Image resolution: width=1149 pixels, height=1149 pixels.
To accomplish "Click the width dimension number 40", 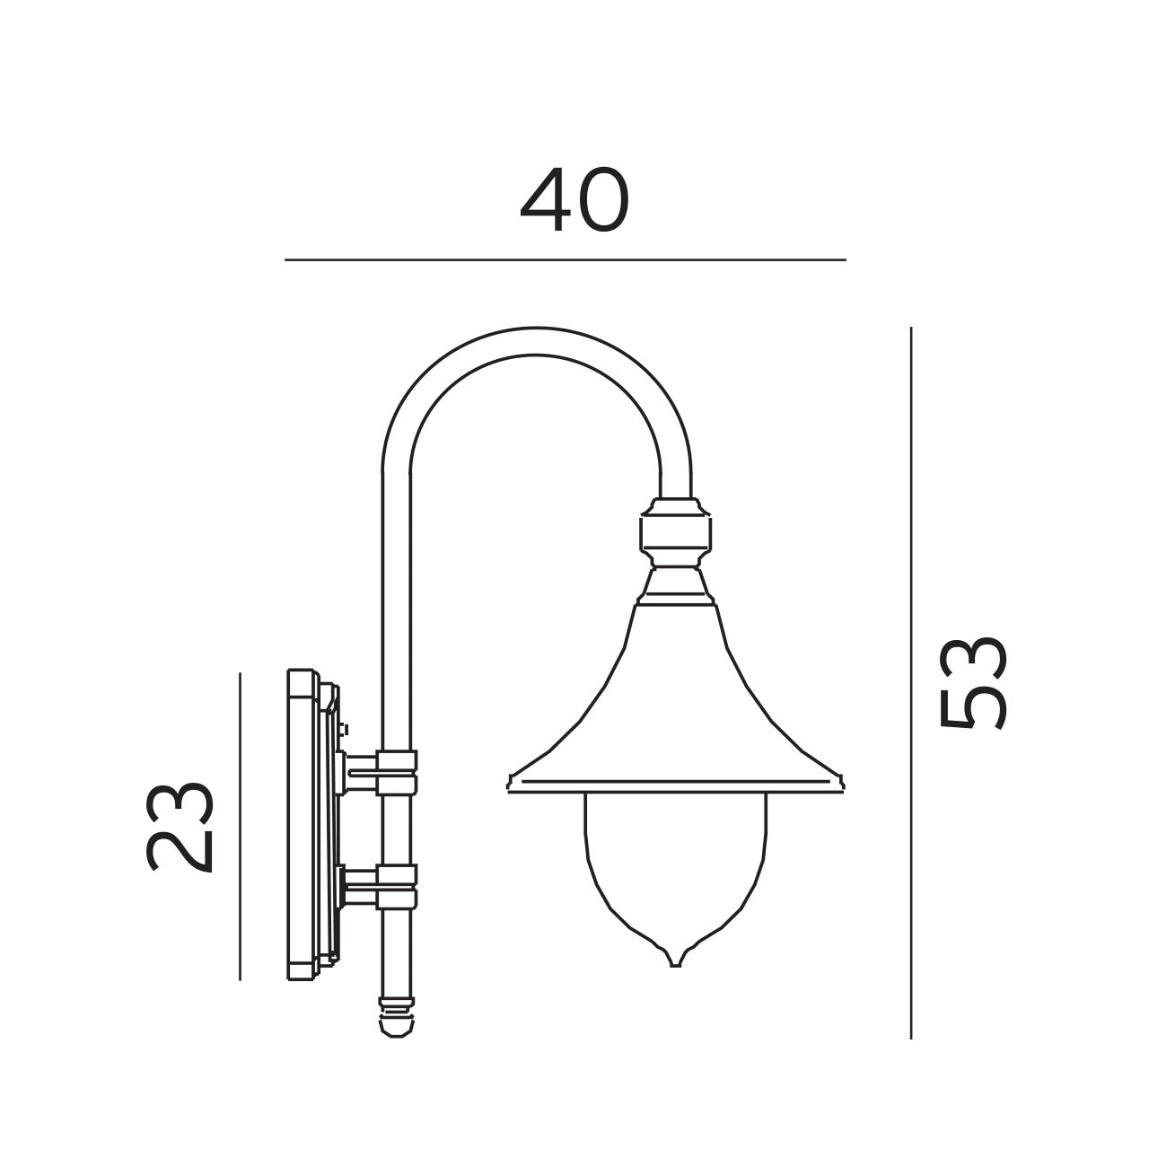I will click(574, 201).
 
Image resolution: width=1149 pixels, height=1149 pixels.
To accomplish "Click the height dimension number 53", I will click(973, 684).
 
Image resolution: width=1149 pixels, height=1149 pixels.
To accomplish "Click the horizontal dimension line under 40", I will click(566, 260).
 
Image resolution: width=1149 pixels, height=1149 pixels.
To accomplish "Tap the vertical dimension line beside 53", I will click(911, 682).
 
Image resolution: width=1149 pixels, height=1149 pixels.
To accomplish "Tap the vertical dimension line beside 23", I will click(241, 826).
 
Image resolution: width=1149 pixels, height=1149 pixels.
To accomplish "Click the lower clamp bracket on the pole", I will click(395, 886).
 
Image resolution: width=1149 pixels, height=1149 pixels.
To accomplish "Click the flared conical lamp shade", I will click(675, 700).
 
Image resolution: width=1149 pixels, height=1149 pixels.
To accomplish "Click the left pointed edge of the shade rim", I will click(510, 783).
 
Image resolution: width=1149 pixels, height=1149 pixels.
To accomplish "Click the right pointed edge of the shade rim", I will click(843, 783).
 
